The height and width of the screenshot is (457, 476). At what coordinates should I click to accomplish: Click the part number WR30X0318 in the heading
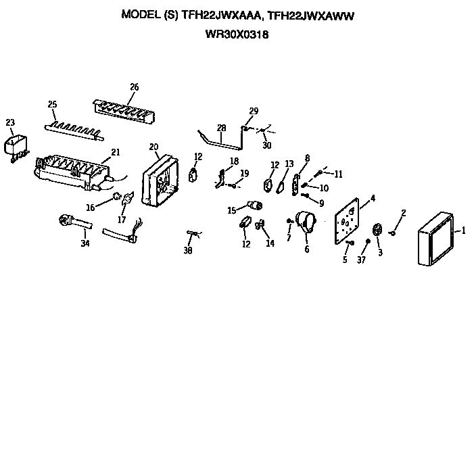237,35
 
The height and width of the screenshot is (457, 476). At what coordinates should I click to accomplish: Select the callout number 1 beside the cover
464,231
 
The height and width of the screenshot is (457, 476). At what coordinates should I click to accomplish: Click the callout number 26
134,87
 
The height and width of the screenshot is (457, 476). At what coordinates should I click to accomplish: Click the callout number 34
85,243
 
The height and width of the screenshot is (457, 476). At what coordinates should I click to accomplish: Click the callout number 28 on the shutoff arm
221,127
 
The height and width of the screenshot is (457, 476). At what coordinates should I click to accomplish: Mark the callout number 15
231,210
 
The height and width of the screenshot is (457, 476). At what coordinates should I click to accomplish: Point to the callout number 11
338,174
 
